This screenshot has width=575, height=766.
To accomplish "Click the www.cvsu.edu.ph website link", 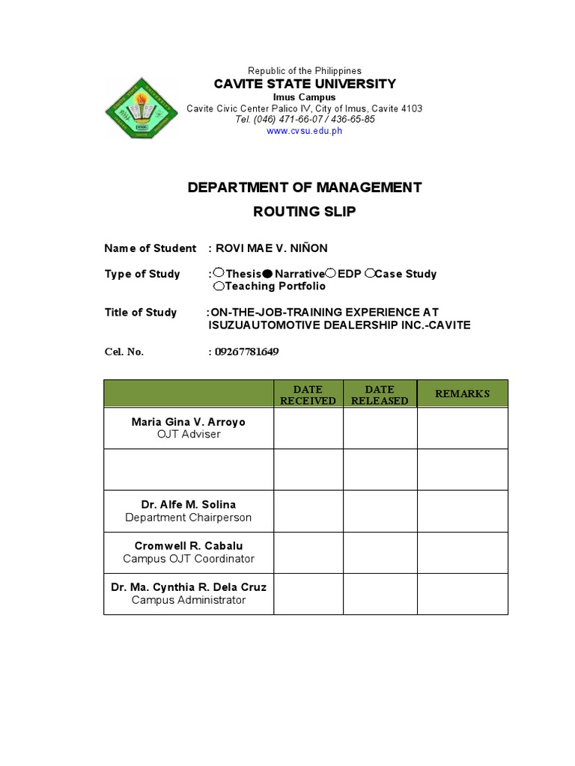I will tap(304, 131).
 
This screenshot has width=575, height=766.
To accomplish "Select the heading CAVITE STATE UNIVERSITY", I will tap(304, 84).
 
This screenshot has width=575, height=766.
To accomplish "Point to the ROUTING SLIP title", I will tap(304, 212).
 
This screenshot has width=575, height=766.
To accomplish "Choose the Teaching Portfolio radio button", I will tap(218, 287).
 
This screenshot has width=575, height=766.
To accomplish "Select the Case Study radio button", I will tap(369, 275).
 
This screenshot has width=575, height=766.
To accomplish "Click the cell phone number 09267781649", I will tap(247, 352).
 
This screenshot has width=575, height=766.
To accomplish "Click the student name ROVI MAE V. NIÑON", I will tap(272, 248).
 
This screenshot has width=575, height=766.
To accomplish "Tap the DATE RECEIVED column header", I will tap(308, 394).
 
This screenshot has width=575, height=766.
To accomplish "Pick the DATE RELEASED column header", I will tap(380, 394).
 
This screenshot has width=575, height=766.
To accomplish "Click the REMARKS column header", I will tap(462, 393).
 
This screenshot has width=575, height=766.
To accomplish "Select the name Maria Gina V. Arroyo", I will tap(188, 422).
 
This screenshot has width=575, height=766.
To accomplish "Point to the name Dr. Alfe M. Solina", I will tap(188, 505).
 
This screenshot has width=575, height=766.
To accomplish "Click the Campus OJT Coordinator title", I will tap(188, 559).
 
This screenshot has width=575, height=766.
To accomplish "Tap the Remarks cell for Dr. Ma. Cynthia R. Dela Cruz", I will tap(462, 593).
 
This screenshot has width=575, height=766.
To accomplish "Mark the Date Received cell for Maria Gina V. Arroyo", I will tap(308, 428).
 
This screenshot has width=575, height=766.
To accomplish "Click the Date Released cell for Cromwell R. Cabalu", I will tap(380, 552).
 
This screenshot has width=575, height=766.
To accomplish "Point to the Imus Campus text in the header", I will tap(304, 97).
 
